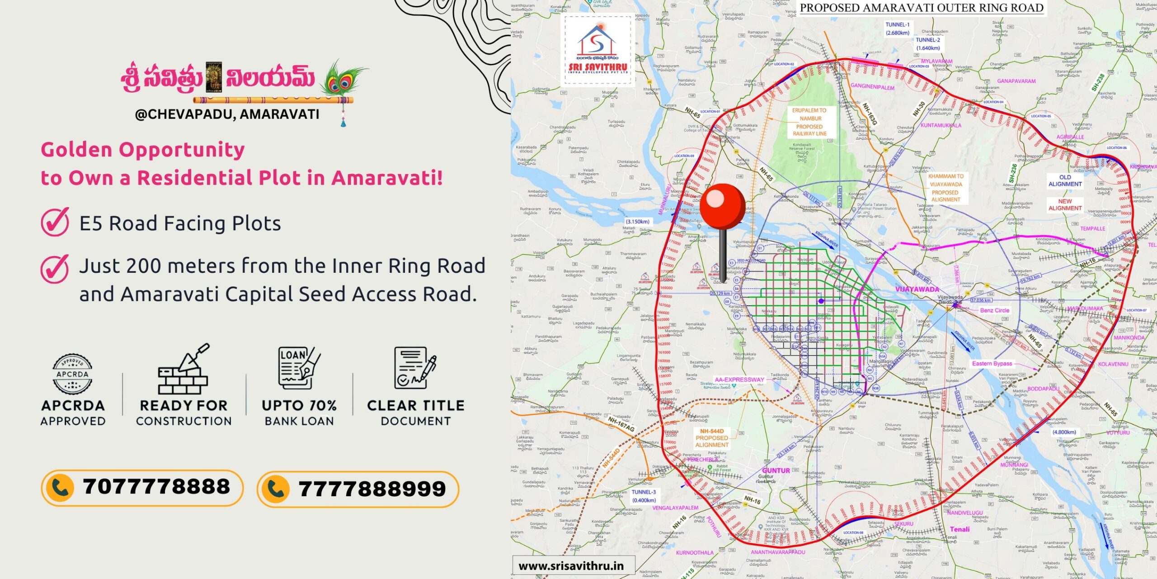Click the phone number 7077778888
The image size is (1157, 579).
(156, 487)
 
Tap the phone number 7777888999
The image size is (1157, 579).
(372, 489)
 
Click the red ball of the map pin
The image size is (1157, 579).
(723, 206)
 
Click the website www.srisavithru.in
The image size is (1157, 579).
(571, 566)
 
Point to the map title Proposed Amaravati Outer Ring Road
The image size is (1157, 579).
(922, 8)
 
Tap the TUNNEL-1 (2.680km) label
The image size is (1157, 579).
(898, 28)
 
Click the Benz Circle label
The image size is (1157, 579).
(994, 310)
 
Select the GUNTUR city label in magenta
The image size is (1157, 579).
(776, 470)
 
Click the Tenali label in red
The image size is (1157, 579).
(959, 529)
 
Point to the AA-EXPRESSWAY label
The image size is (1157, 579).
(739, 380)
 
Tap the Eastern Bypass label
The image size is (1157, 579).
(992, 363)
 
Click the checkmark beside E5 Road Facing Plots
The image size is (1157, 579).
(55, 222)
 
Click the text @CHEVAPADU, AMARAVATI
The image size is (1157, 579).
(227, 114)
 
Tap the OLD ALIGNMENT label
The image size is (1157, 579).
(1065, 180)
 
